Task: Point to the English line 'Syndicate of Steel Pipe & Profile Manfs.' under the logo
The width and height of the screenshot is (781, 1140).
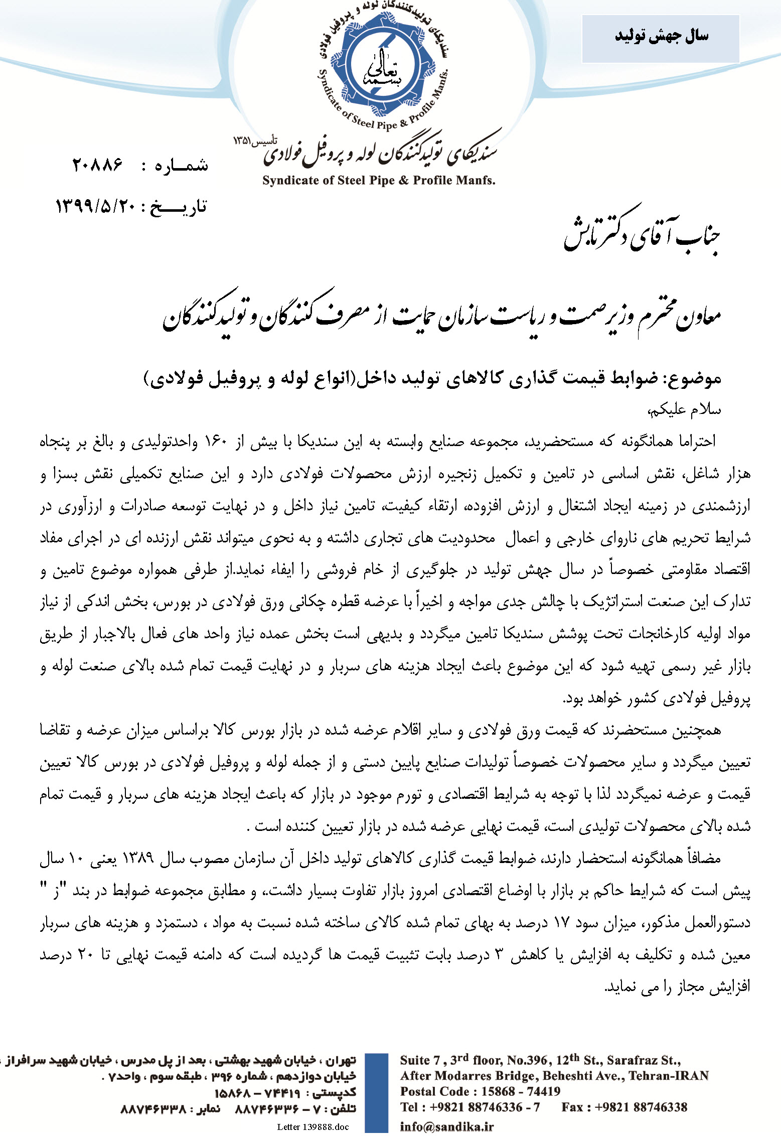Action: click(379, 181)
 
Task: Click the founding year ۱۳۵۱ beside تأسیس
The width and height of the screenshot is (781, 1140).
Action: click(243, 140)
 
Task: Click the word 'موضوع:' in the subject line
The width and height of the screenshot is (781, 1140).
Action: click(695, 378)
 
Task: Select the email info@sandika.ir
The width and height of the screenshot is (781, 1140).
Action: click(446, 1126)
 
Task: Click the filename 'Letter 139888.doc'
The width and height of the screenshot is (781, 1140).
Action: click(313, 1127)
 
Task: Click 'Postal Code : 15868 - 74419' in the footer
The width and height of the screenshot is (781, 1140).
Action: click(480, 1091)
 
